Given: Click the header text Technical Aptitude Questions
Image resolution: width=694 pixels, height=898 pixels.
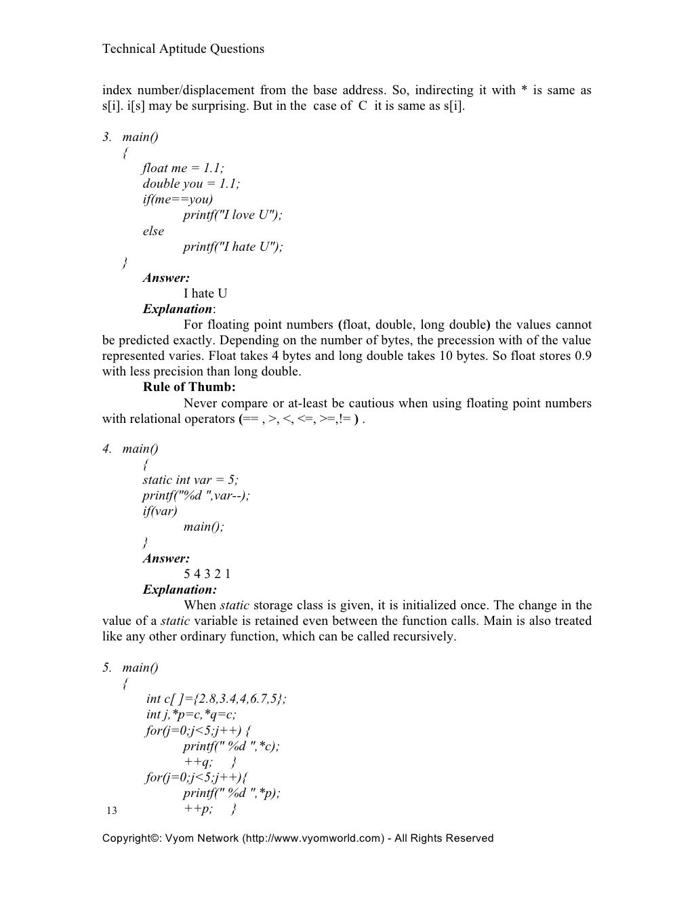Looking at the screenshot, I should tap(183, 49).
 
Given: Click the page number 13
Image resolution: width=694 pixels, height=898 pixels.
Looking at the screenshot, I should tap(112, 811).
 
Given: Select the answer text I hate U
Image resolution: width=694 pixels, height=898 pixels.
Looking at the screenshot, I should tap(205, 293).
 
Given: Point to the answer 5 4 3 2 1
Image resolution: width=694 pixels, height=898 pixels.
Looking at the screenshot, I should tap(207, 574).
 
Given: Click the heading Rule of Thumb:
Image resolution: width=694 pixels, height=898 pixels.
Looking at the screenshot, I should tap(189, 387).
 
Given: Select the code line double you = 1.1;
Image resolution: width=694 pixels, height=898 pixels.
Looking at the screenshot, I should tap(191, 184).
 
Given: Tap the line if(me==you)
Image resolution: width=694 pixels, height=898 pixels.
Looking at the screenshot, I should tap(178, 199).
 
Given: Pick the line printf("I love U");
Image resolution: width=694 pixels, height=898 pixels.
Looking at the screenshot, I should tap(232, 215).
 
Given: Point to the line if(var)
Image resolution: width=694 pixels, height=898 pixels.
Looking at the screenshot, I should tap(159, 511).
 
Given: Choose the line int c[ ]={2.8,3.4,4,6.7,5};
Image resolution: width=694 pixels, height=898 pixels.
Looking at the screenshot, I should tap(216, 699).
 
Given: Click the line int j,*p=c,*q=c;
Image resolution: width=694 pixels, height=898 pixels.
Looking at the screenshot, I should tap(191, 714).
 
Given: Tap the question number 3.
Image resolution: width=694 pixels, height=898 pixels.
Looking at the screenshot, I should tap(106, 137).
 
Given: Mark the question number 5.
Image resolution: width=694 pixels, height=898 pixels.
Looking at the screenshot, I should tap(106, 668).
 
